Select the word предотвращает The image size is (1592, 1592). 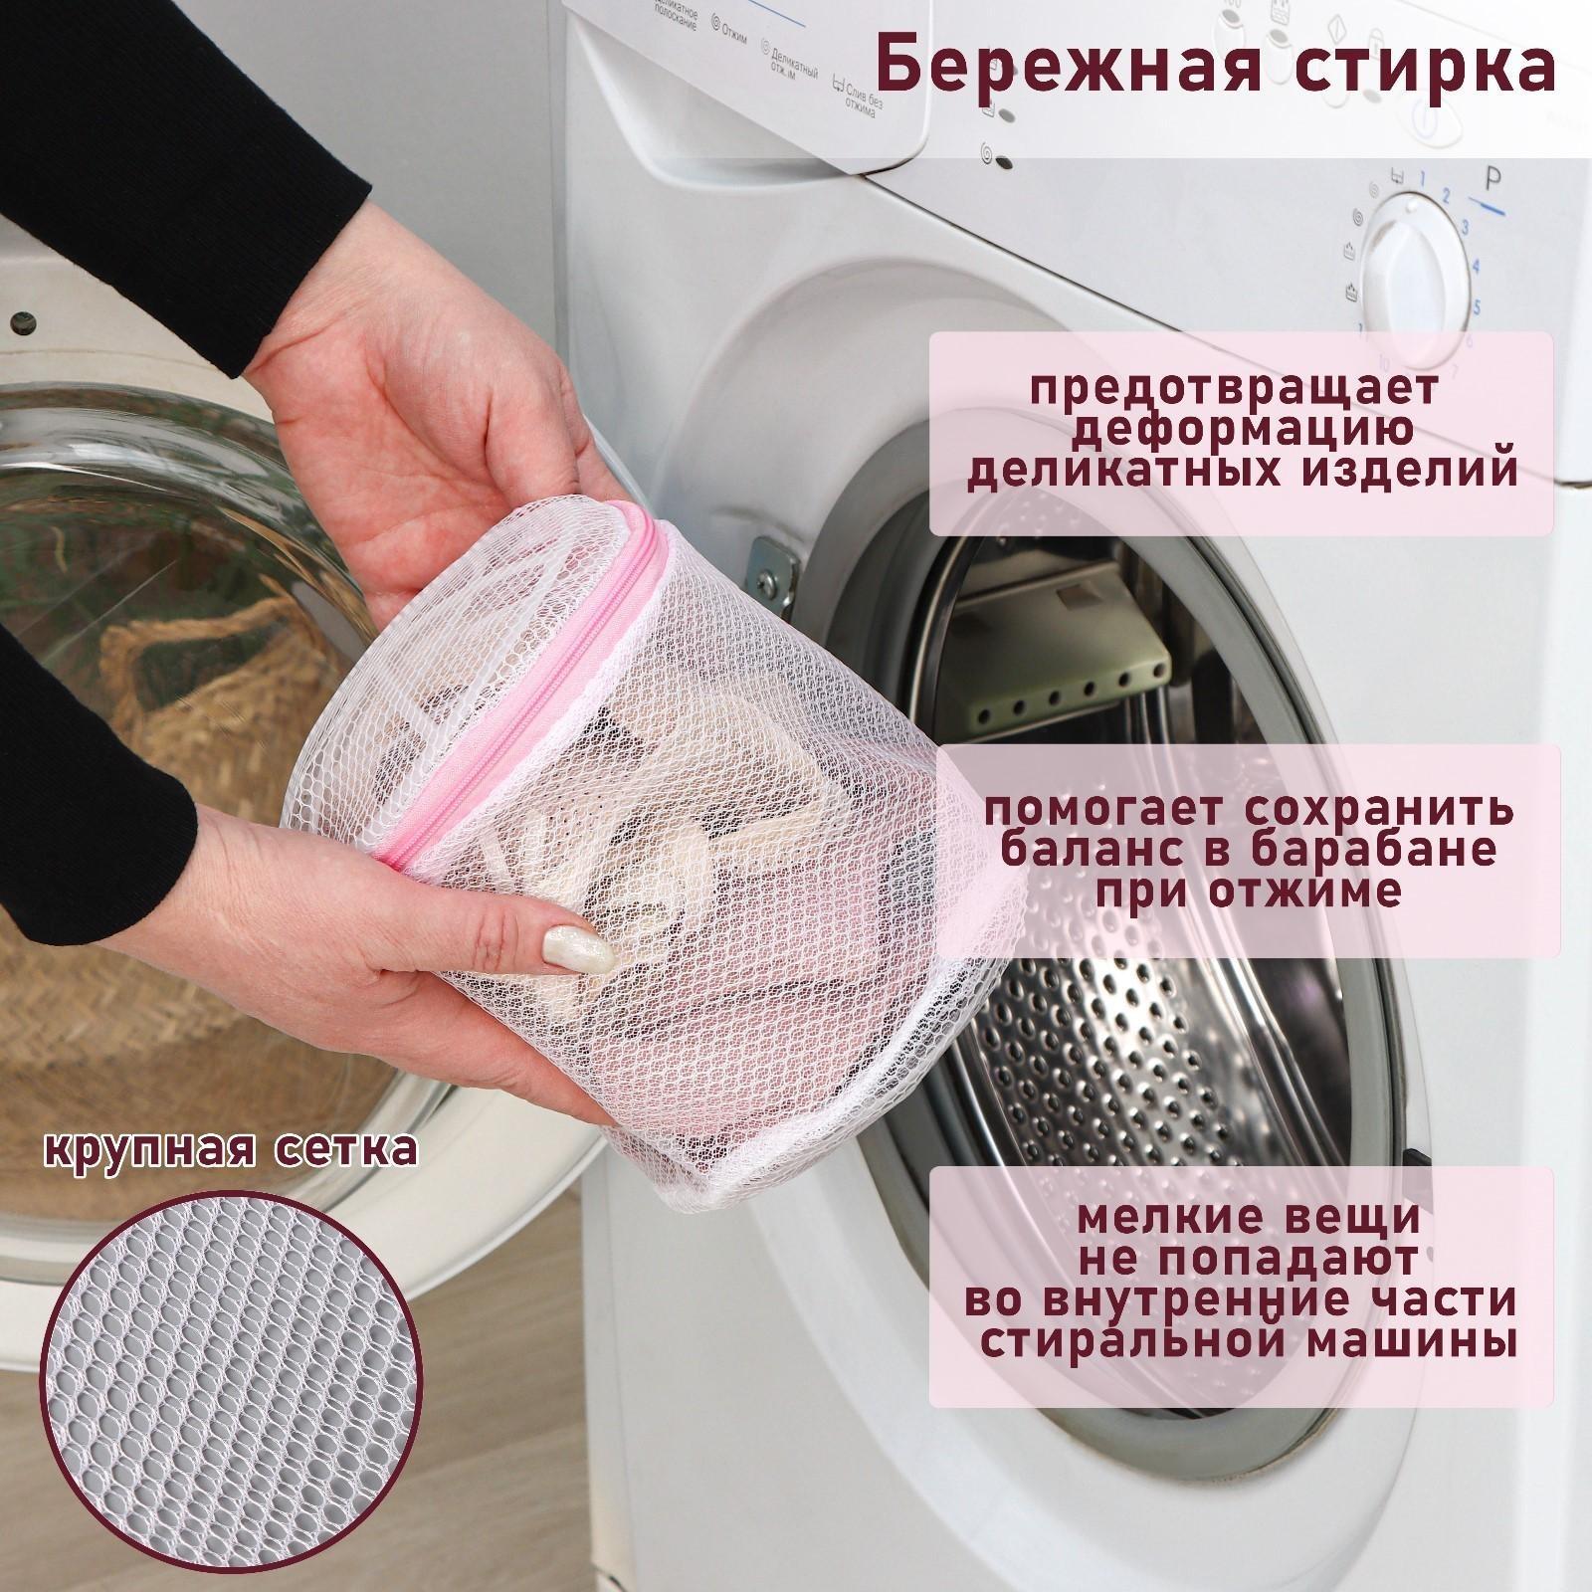tap(1234, 390)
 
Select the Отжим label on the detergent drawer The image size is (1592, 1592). tap(737, 34)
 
